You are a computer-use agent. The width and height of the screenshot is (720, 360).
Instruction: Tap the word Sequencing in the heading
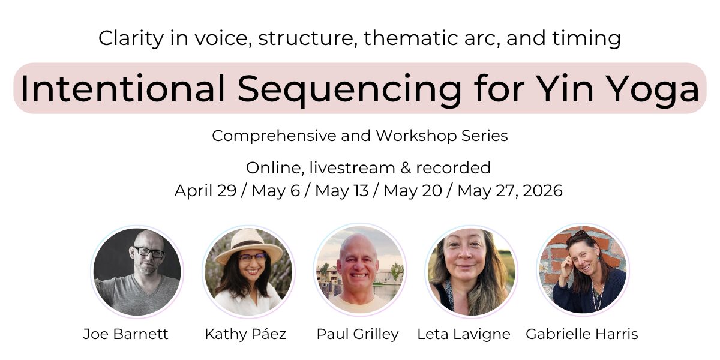tap(349, 91)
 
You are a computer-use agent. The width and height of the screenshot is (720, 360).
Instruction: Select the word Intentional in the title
tap(122, 88)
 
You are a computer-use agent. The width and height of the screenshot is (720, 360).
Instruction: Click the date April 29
tap(205, 191)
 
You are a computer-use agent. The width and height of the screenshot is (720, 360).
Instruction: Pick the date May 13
tap(341, 191)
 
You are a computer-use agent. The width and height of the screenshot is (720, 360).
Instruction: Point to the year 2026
tap(542, 191)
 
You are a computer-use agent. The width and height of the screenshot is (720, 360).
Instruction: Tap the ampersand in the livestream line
tap(406, 168)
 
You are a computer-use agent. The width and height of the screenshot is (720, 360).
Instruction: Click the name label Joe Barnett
tap(125, 334)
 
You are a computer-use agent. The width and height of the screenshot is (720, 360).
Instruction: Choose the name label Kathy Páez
tap(245, 334)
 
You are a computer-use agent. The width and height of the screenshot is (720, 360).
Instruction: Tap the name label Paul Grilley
tap(358, 334)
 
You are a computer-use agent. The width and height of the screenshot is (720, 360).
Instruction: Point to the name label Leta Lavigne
tap(463, 334)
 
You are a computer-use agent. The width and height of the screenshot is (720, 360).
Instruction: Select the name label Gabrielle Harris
tap(582, 334)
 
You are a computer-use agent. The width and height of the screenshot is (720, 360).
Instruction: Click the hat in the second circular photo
tap(248, 246)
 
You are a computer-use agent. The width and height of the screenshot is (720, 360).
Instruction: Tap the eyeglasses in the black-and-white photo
tap(149, 252)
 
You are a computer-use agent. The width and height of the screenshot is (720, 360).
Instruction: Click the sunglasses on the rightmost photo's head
tap(580, 235)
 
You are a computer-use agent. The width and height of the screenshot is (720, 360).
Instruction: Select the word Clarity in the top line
tap(131, 38)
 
